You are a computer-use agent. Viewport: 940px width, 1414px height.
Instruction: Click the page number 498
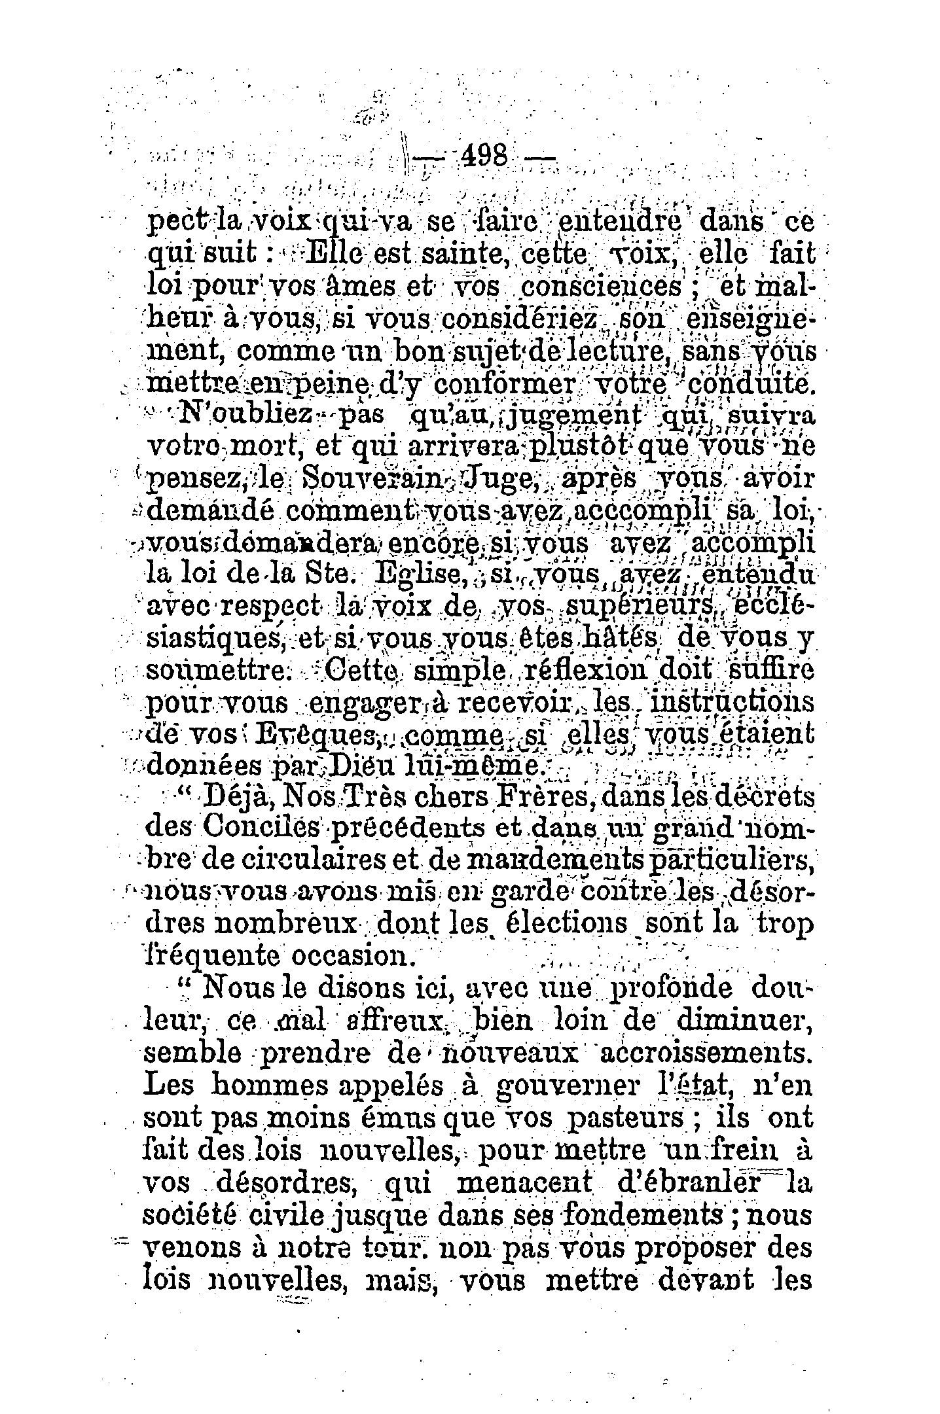point(485,158)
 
